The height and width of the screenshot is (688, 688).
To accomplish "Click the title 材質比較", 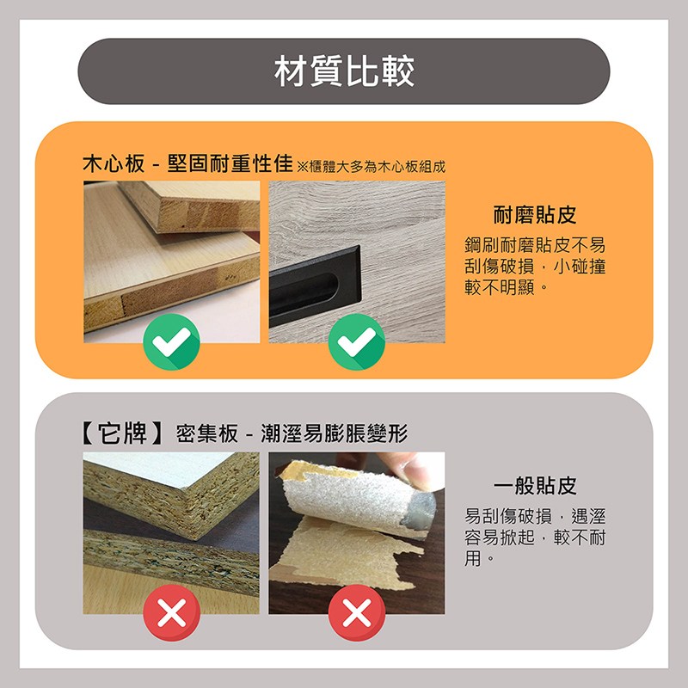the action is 344,71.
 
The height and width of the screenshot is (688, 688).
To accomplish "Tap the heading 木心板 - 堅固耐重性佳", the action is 187,163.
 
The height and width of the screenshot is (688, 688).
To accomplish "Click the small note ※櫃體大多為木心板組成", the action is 372,167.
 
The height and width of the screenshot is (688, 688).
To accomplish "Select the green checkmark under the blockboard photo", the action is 171,341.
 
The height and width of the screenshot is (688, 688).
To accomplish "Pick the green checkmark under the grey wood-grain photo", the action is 357,341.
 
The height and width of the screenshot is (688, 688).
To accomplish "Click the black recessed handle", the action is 315,286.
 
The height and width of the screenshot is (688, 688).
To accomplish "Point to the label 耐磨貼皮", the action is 535,215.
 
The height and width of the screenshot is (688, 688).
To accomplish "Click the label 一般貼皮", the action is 535,486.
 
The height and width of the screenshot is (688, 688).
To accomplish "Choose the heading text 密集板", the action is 207,434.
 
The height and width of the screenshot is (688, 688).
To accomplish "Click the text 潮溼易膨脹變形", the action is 335,434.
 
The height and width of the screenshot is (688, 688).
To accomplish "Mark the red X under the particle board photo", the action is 171,612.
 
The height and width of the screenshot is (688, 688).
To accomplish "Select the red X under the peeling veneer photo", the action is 357,612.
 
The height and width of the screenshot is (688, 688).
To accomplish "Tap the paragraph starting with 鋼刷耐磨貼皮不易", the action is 535,267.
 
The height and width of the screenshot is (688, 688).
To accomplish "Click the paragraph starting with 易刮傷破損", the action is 535,537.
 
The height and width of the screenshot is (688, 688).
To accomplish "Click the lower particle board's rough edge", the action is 171,562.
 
